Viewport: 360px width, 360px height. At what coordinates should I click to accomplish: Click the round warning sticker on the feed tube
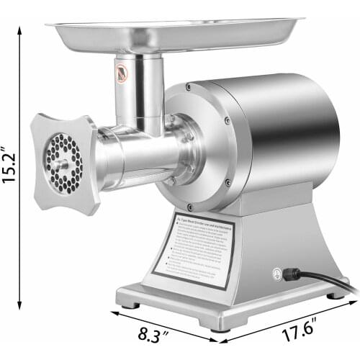coord(123,72)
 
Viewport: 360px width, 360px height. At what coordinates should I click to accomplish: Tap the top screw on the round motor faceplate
coord(189,86)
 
